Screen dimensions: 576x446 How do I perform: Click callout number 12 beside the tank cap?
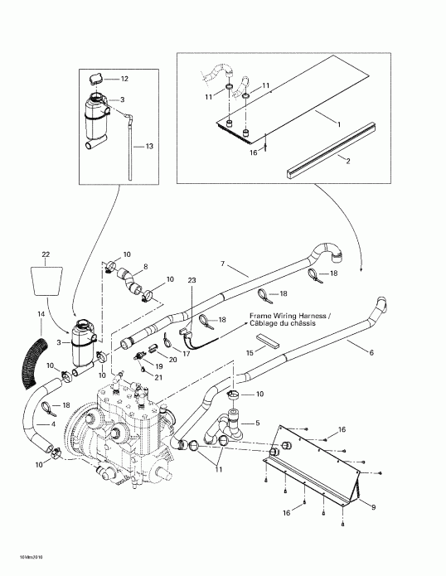[124, 79]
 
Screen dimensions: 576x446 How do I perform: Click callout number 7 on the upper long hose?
[222, 264]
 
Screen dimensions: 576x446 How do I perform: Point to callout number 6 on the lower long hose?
[371, 352]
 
